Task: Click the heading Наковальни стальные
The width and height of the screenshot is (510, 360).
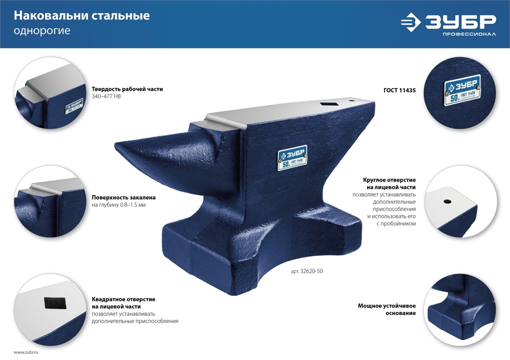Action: (x=82, y=16)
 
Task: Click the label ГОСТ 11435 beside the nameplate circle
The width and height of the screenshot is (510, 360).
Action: (x=400, y=90)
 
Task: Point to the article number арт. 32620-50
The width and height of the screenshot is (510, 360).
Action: (x=307, y=271)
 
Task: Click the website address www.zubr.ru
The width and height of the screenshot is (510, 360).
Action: (x=26, y=352)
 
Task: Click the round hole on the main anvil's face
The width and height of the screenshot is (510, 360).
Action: (x=352, y=100)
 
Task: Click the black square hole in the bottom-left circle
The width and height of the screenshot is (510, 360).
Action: (x=54, y=303)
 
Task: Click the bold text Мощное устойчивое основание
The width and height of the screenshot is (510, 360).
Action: (x=387, y=309)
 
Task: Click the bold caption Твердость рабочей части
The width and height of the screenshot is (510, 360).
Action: (x=127, y=89)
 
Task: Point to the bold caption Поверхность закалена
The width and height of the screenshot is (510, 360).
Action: (x=123, y=197)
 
